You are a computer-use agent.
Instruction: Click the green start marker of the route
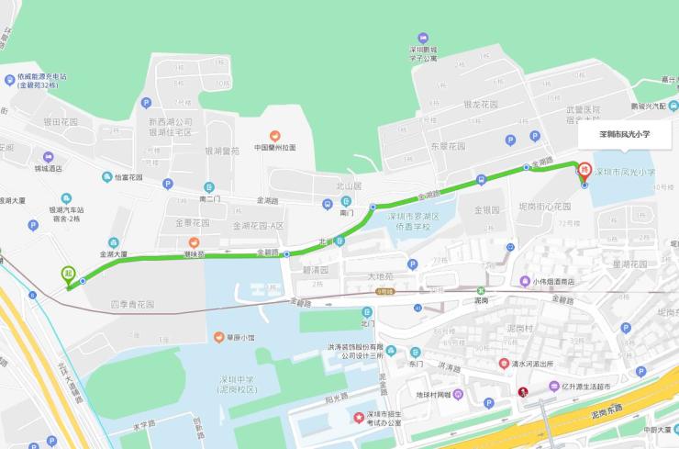68,274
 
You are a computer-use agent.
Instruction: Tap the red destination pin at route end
582,168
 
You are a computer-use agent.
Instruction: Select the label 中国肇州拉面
275,147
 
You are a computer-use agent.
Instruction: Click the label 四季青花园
133,304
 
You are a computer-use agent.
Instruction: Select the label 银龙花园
480,105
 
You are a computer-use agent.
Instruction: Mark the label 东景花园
449,145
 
